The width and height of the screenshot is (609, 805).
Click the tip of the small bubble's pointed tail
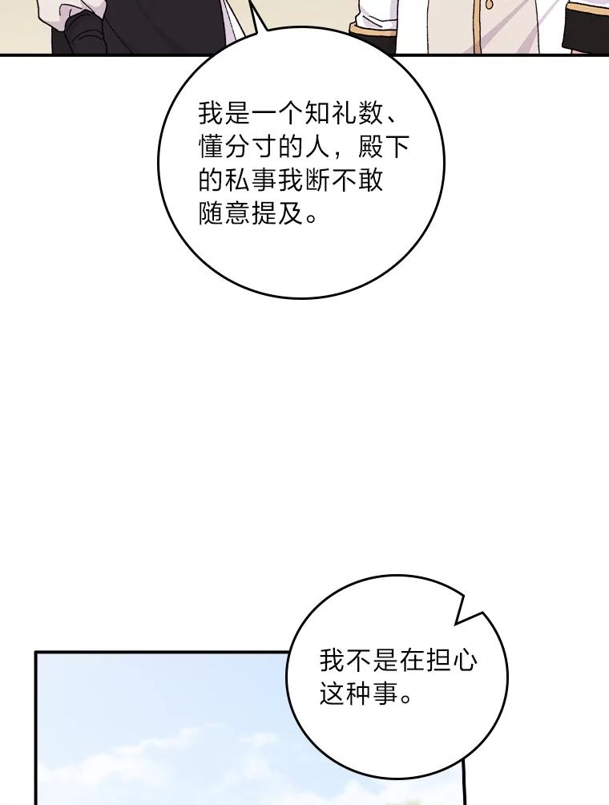[x=482, y=612]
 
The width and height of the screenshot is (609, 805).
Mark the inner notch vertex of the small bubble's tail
[x=456, y=624]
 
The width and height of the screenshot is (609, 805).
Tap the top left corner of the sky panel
[x=35, y=653]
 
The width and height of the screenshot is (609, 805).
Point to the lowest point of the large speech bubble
[x=301, y=297]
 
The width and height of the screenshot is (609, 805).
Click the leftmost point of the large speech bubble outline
[x=159, y=164]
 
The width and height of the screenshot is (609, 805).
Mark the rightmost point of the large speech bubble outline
[x=444, y=164]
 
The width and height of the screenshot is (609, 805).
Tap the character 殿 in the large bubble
[x=370, y=148]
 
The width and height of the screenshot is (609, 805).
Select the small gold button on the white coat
[x=489, y=5]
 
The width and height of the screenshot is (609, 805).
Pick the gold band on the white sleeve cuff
[x=373, y=28]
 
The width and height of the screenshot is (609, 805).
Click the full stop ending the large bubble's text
[x=312, y=217]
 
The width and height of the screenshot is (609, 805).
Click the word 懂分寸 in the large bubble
[x=237, y=148]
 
